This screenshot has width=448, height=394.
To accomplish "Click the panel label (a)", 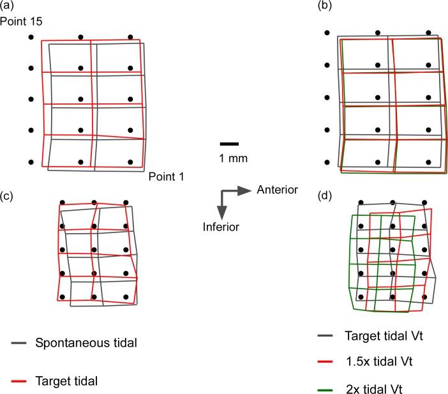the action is pos(7,6).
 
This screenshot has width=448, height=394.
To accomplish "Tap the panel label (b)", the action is pos(325,6).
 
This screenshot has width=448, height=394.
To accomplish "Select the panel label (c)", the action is pos(7,196).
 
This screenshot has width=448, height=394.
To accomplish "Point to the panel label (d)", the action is pos(325,196).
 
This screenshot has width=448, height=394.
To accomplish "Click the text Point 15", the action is pos(21,22).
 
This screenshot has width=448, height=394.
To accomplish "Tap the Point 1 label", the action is pos(167,176).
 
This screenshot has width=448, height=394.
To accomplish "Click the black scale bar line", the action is pos(229,144).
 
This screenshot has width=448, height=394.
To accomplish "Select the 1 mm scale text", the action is pos(233,158).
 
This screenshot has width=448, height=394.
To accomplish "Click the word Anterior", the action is pos(277,190).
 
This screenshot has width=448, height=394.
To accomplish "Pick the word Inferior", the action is pos(221,227).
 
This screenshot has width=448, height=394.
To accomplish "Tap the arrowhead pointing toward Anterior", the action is pos(244,191).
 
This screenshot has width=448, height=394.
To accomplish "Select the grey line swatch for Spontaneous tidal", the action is pos(19,342).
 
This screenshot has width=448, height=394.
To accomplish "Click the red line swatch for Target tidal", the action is pos(19,381).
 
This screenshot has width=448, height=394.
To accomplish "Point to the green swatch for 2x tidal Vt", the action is pos(325,390).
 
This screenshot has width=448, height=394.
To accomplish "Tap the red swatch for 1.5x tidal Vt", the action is pos(325,361).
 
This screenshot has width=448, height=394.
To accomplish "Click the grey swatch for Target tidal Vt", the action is pos(325,335).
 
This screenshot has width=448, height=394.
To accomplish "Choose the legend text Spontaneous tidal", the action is pos(86,342).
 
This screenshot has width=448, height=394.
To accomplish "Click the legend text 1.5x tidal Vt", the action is pos(379,361).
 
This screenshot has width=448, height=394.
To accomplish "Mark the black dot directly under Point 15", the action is pos(31,37).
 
